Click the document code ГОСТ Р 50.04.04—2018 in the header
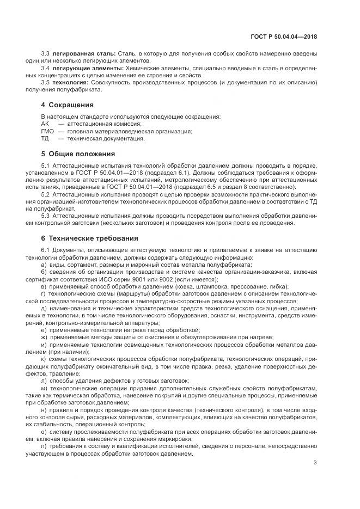284,36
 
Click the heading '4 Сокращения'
67,105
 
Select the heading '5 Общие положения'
78,154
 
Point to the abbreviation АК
45,124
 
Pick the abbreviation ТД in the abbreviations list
45,138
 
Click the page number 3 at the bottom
315,463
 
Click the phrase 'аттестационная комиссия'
95,124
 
